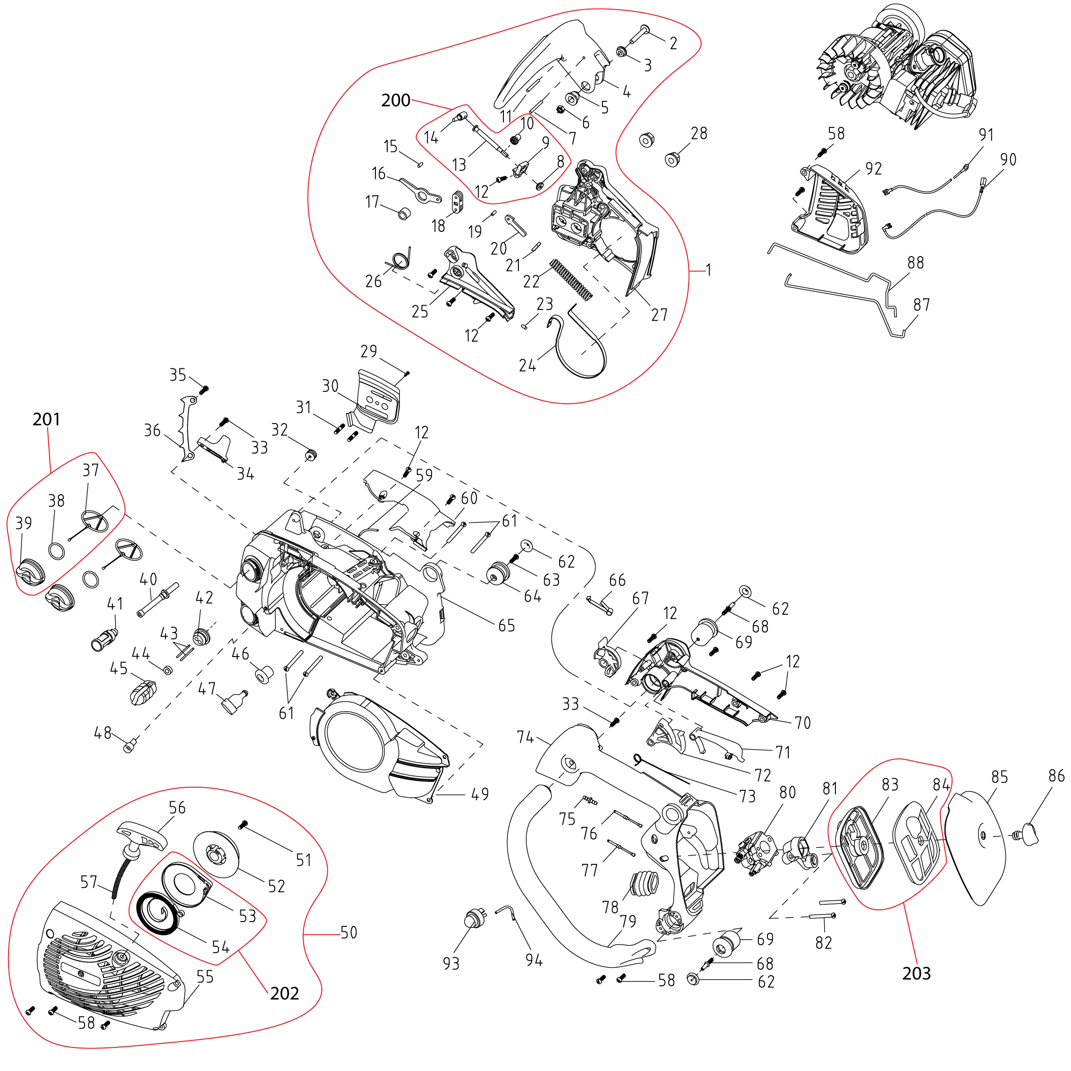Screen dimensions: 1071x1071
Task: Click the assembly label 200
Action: (395, 100)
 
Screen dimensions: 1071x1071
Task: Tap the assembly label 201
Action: (46, 419)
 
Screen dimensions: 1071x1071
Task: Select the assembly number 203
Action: (916, 974)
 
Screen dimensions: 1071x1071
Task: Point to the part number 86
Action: (1057, 776)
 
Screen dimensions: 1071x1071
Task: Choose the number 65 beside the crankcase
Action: (506, 626)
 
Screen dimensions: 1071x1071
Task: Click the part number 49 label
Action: (479, 794)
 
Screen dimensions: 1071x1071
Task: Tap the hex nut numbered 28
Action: (673, 160)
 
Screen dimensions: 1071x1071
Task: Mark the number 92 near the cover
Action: (873, 169)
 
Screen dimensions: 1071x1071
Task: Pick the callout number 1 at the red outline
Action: (708, 270)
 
